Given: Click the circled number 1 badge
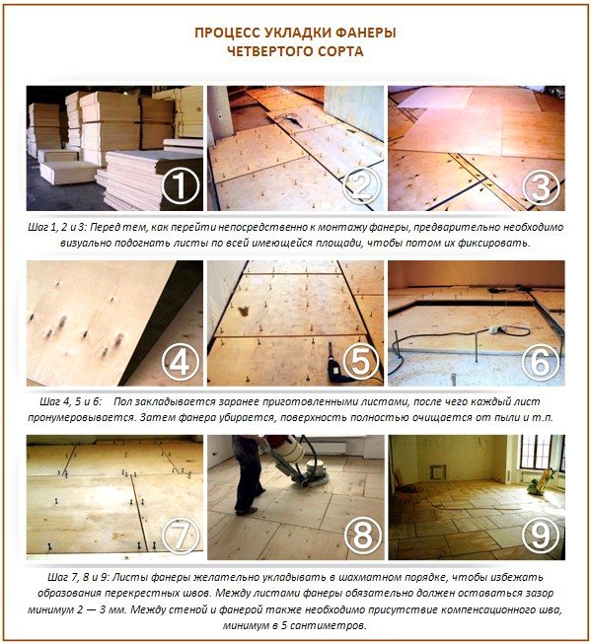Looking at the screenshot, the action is click(x=181, y=185).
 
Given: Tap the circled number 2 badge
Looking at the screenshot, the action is click(x=361, y=185).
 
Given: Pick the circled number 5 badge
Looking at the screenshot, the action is click(x=361, y=362).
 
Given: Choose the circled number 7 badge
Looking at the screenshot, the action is click(x=181, y=535).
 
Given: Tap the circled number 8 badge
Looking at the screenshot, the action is click(x=362, y=535).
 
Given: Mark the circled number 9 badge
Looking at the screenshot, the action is click(x=541, y=535).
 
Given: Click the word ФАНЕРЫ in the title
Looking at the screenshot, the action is click(x=366, y=33).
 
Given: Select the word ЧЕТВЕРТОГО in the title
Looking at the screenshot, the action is click(x=268, y=51).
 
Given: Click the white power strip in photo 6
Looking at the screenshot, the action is click(x=497, y=328).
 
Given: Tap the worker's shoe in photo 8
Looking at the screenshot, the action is click(x=247, y=511).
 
